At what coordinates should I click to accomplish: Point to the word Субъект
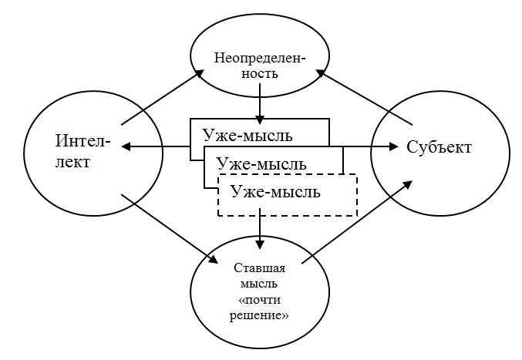point(439,146)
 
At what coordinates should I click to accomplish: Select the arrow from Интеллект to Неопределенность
point(162,96)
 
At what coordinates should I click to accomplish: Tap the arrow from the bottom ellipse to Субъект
point(355,224)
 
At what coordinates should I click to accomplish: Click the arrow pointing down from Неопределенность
point(261,102)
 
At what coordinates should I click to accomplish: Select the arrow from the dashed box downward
point(261,229)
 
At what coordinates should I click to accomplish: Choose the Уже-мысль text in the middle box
point(261,163)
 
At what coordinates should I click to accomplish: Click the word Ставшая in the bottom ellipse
point(259,268)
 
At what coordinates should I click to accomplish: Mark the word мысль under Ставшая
point(259,282)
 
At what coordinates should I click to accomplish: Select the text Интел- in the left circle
point(83,141)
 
